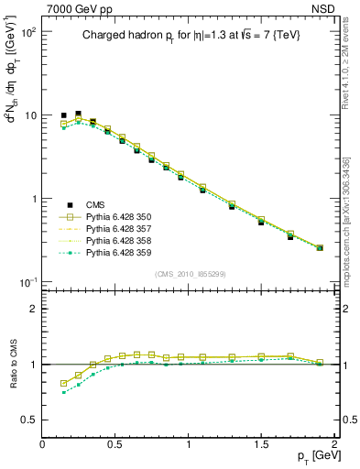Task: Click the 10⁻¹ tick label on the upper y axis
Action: pyautogui.click(x=28, y=281)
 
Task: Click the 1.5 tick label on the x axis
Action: pyautogui.click(x=261, y=444)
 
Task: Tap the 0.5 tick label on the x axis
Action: pyautogui.click(x=115, y=444)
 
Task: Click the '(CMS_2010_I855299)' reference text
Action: pyautogui.click(x=189, y=275)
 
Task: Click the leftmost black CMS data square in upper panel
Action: pyautogui.click(x=64, y=116)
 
